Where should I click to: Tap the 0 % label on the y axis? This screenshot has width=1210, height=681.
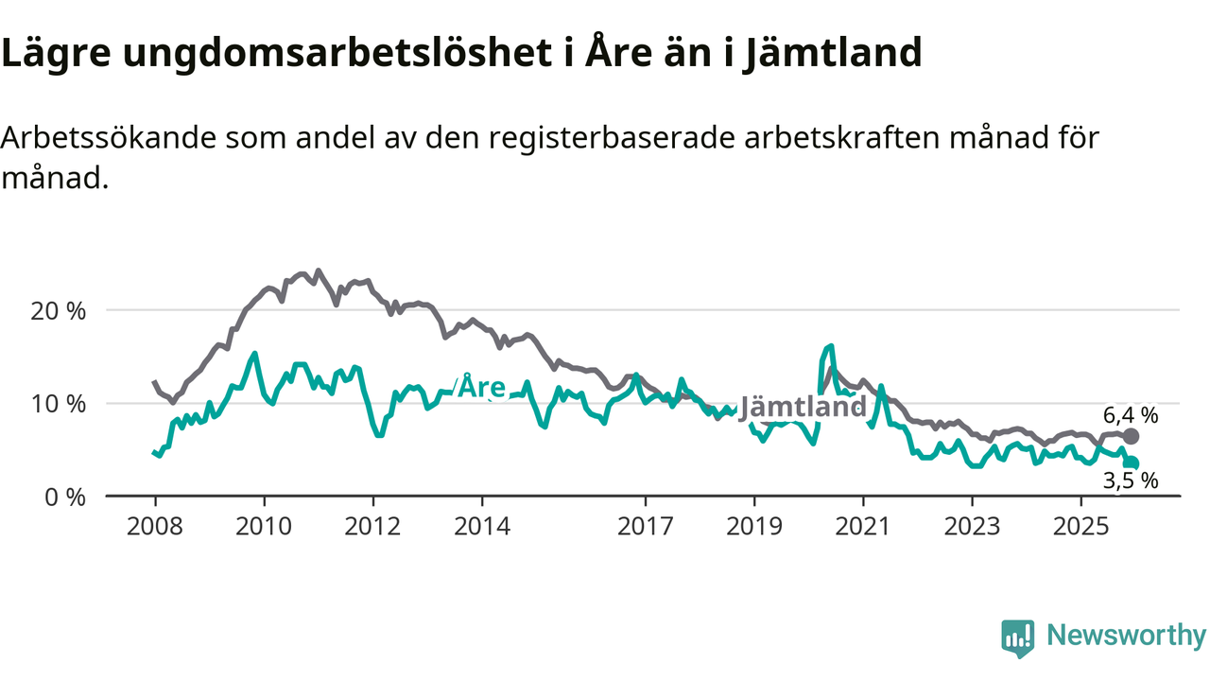pos(66,496)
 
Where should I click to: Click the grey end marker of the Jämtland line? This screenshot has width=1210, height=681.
pos(1131,436)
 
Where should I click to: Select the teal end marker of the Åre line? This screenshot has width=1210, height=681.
pos(1132,463)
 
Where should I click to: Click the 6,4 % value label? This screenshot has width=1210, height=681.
pos(1131,414)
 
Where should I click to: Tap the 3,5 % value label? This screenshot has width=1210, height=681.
pos(1131,480)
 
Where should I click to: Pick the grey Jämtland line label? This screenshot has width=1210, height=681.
pos(803,407)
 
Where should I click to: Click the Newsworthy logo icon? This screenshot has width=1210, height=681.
pos(1017,638)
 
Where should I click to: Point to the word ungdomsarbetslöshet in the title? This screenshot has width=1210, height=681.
pos(337,54)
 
